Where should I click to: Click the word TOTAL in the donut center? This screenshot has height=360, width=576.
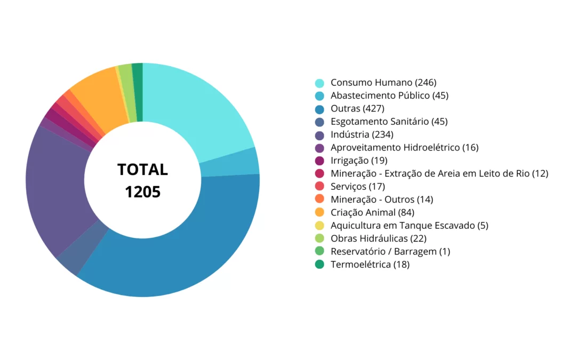[142, 170]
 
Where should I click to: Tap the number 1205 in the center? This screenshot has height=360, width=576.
[142, 191]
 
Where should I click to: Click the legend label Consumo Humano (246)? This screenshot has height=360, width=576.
[383, 83]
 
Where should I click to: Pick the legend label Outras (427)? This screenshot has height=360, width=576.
[357, 109]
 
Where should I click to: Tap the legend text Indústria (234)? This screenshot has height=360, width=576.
[362, 134]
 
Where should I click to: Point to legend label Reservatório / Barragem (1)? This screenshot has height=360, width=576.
[390, 251]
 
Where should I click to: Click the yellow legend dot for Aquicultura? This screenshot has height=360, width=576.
[319, 226]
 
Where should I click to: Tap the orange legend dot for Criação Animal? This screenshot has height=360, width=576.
[319, 212]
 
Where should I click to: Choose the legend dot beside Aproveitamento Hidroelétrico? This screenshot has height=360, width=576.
[319, 148]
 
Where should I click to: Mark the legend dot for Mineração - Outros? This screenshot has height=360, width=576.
[319, 199]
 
